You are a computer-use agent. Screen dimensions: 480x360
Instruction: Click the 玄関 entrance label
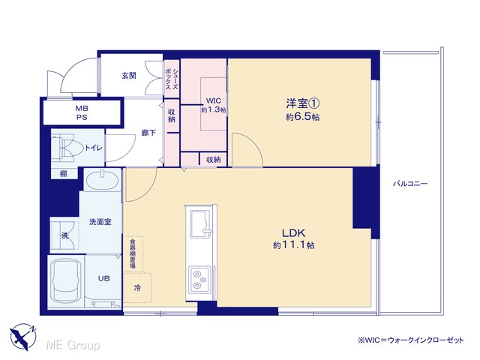pos(128,75)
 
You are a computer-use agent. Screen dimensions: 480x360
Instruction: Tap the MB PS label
pos(82,112)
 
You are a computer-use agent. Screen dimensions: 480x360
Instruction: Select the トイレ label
pos(93,148)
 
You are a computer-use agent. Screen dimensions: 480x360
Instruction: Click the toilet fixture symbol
pos(67,148)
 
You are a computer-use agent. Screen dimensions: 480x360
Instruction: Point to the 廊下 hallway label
pos(148,133)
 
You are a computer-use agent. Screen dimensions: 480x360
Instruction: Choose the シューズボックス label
pos(172,79)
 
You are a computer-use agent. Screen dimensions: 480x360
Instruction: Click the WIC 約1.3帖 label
pos(213,105)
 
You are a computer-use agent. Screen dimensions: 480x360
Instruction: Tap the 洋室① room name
pos(303,103)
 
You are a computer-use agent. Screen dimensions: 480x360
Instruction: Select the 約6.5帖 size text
pos(303,117)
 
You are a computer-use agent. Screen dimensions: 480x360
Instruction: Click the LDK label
pos(293,233)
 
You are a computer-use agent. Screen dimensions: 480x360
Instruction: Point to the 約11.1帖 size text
pos(293,245)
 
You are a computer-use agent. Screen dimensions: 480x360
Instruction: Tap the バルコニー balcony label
pos(410,184)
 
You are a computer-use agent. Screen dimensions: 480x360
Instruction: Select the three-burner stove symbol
pos(199,280)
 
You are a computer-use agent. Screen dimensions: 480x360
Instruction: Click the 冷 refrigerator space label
pos(137,288)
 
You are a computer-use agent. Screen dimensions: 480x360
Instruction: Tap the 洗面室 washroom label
pos(100,222)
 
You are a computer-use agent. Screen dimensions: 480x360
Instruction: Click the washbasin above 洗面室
pos(102,181)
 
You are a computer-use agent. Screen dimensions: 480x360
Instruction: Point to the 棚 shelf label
pos(63,174)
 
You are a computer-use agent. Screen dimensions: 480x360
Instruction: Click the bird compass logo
pos(22,337)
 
